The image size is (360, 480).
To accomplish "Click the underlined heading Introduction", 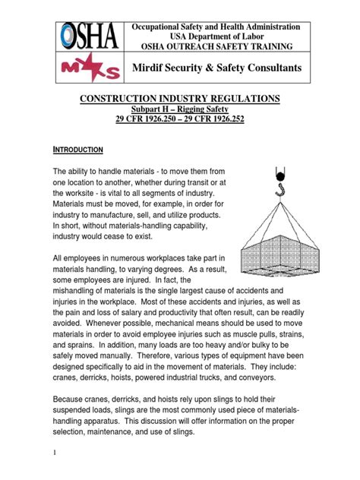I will pyautogui.click(x=83, y=150).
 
